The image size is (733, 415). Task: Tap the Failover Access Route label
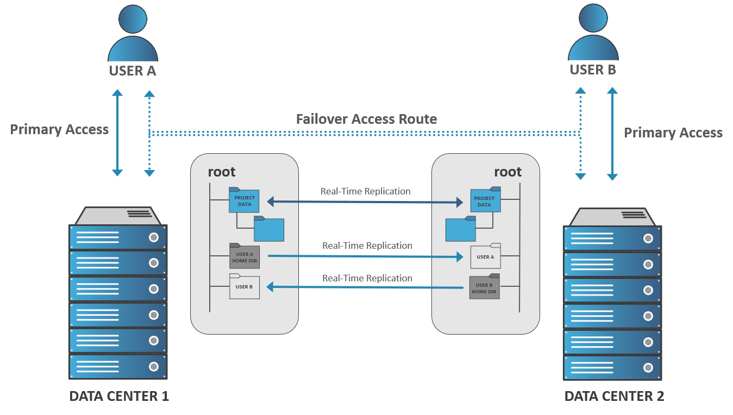click(x=366, y=120)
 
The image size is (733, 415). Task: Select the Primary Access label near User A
click(x=59, y=130)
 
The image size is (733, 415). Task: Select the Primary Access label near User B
click(x=673, y=133)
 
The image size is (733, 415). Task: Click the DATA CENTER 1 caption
click(x=119, y=397)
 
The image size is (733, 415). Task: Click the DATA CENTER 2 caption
click(x=614, y=397)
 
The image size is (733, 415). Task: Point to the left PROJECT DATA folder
click(x=244, y=200)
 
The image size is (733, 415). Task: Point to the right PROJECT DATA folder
click(x=485, y=200)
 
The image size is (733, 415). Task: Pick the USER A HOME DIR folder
click(x=244, y=256)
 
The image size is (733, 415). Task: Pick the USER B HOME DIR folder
click(x=484, y=287)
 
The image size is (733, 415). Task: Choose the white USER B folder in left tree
click(x=244, y=287)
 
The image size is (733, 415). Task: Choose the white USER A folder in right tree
click(x=485, y=256)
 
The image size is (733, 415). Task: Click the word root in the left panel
click(x=222, y=172)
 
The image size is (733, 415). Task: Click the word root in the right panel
click(x=508, y=172)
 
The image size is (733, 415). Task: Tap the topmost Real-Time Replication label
click(x=365, y=191)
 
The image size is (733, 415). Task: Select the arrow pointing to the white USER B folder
click(x=365, y=287)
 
